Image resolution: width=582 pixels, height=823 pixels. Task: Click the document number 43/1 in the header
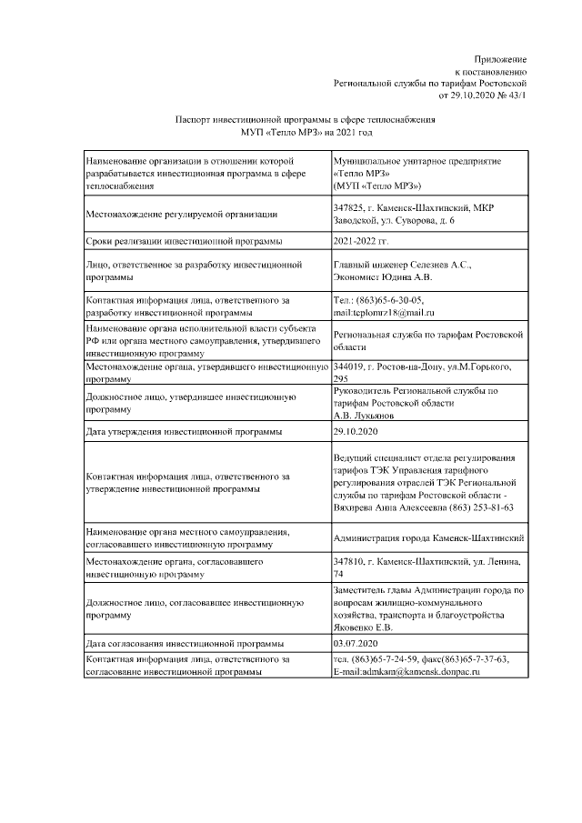515,94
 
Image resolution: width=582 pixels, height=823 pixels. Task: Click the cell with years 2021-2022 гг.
361,241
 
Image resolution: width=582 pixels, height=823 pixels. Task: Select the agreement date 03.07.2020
356,643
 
